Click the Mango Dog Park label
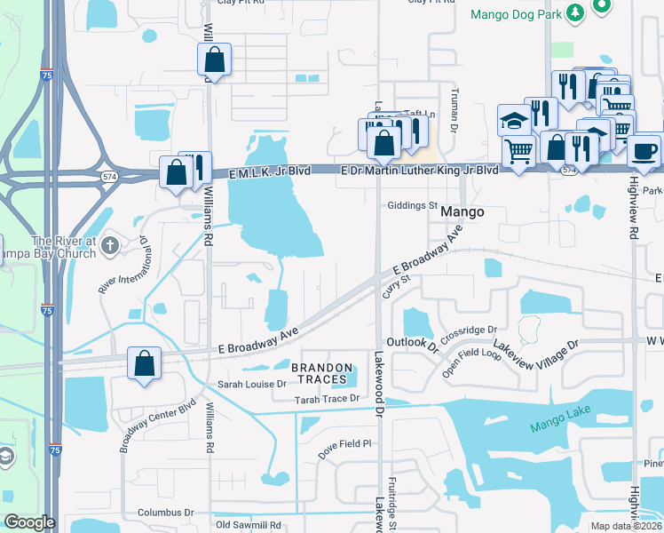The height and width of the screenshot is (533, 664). tap(516, 14)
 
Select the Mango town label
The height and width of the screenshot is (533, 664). tap(462, 212)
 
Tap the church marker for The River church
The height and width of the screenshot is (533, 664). tap(110, 244)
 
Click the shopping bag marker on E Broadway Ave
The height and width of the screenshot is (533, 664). tap(144, 364)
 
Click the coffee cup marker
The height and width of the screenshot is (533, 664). tap(644, 150)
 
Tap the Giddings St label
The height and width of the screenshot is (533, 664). tap(413, 205)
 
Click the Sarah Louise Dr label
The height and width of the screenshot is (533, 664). tap(253, 385)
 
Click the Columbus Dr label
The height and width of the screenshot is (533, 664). tap(165, 513)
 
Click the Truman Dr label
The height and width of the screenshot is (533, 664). tap(453, 115)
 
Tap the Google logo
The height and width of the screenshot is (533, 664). tap(29, 522)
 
